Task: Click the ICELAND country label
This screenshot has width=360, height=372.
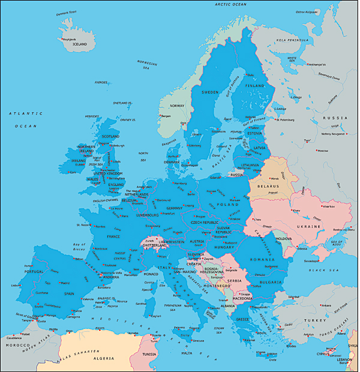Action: (80, 44)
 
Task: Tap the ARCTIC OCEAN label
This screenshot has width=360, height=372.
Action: (231, 4)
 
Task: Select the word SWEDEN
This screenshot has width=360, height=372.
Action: (210, 92)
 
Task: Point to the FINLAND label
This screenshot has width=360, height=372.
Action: (255, 86)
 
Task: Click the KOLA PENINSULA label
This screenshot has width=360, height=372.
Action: (292, 40)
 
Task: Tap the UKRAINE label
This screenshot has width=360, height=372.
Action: (310, 227)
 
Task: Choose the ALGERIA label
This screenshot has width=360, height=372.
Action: (104, 358)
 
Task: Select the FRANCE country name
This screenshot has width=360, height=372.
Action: (113, 237)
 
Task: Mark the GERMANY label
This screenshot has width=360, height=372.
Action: (178, 208)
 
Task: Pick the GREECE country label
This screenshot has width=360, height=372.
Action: (242, 319)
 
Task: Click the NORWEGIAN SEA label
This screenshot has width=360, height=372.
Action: (147, 64)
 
